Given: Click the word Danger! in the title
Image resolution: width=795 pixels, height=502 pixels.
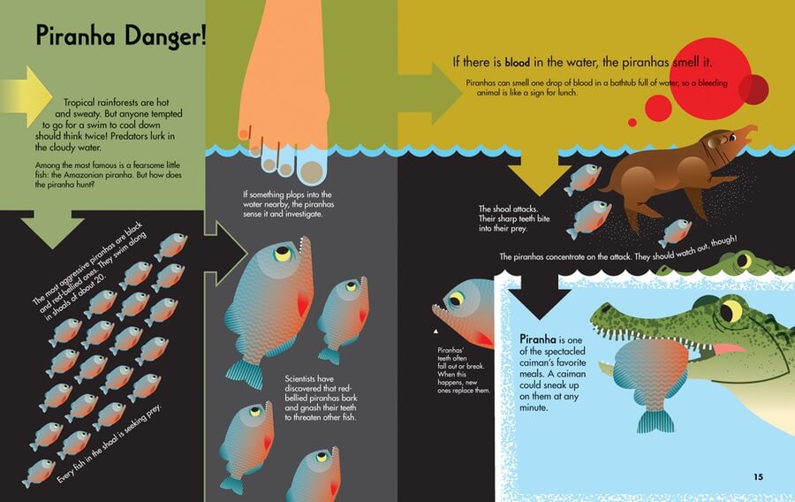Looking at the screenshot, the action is tap(165, 36).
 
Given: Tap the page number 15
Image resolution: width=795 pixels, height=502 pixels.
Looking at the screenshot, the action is tap(758, 476).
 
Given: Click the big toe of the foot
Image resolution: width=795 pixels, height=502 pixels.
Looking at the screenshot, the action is tap(311, 171).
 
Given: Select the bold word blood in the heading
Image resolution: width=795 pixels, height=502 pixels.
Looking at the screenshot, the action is tap(517, 63).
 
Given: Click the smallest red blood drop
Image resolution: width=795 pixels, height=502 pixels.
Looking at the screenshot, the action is tap(632, 122).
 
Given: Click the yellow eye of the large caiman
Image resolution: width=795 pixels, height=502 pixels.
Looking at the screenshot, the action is tap(732, 310).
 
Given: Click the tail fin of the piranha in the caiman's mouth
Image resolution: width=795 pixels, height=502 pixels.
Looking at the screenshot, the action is tap(655, 421).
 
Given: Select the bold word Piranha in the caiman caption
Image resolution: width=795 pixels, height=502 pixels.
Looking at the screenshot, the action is tap(538, 338).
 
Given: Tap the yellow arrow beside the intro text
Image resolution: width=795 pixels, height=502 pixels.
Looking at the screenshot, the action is tap(26, 96).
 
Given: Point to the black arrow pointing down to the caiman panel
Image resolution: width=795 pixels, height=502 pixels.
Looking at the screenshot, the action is tap(539, 297).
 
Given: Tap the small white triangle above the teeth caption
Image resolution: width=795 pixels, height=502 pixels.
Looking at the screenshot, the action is tap(435, 331).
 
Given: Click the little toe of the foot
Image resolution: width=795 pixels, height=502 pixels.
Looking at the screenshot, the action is tap(244, 133).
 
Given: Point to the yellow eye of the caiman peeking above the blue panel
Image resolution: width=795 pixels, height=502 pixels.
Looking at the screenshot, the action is tap(744, 261).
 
